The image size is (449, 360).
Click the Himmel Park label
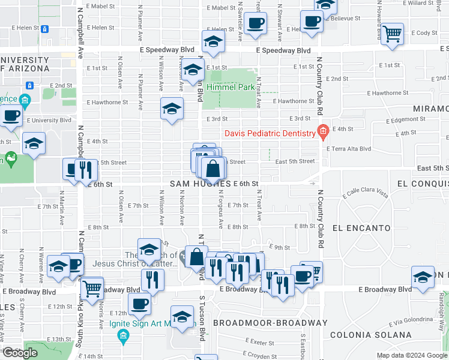(230, 87)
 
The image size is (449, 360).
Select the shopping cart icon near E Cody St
(392, 35)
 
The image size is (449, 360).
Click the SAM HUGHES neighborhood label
(200, 183)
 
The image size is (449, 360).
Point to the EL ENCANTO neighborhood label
(361, 228)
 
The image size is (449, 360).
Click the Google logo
(20, 353)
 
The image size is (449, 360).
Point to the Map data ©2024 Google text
(411, 355)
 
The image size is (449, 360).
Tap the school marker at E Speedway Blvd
(212, 41)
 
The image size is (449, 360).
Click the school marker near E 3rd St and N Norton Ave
(172, 110)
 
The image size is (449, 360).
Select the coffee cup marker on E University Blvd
(11, 116)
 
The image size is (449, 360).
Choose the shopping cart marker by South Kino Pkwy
(92, 289)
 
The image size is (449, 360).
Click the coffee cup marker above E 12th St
(139, 304)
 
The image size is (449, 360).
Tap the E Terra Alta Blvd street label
(349, 148)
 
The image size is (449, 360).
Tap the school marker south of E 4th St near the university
(33, 145)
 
